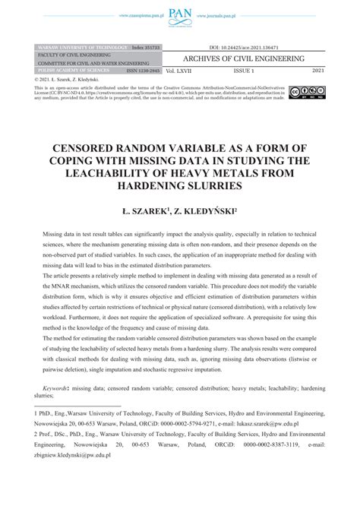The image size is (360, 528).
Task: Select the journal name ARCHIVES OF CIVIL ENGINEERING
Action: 250,58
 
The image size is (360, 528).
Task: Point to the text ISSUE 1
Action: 245,70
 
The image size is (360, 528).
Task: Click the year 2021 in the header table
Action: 317,70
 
